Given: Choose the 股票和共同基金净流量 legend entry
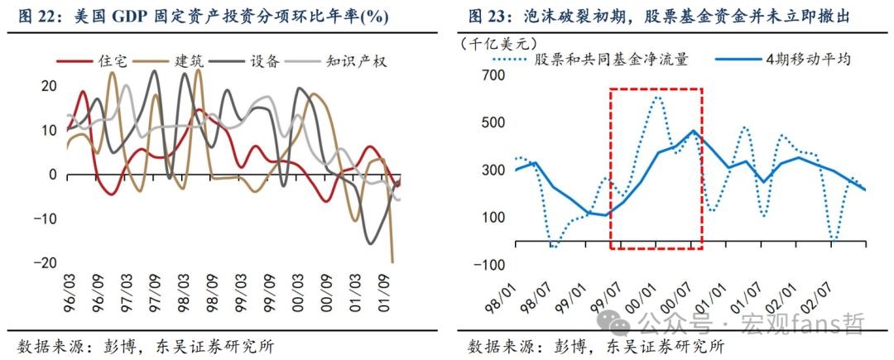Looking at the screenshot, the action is point(596,60).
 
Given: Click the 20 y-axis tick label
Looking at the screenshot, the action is point(50,85).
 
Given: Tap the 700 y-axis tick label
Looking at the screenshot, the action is point(494,75).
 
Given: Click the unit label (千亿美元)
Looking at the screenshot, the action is point(496,42).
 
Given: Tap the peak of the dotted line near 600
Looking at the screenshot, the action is point(656,97).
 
